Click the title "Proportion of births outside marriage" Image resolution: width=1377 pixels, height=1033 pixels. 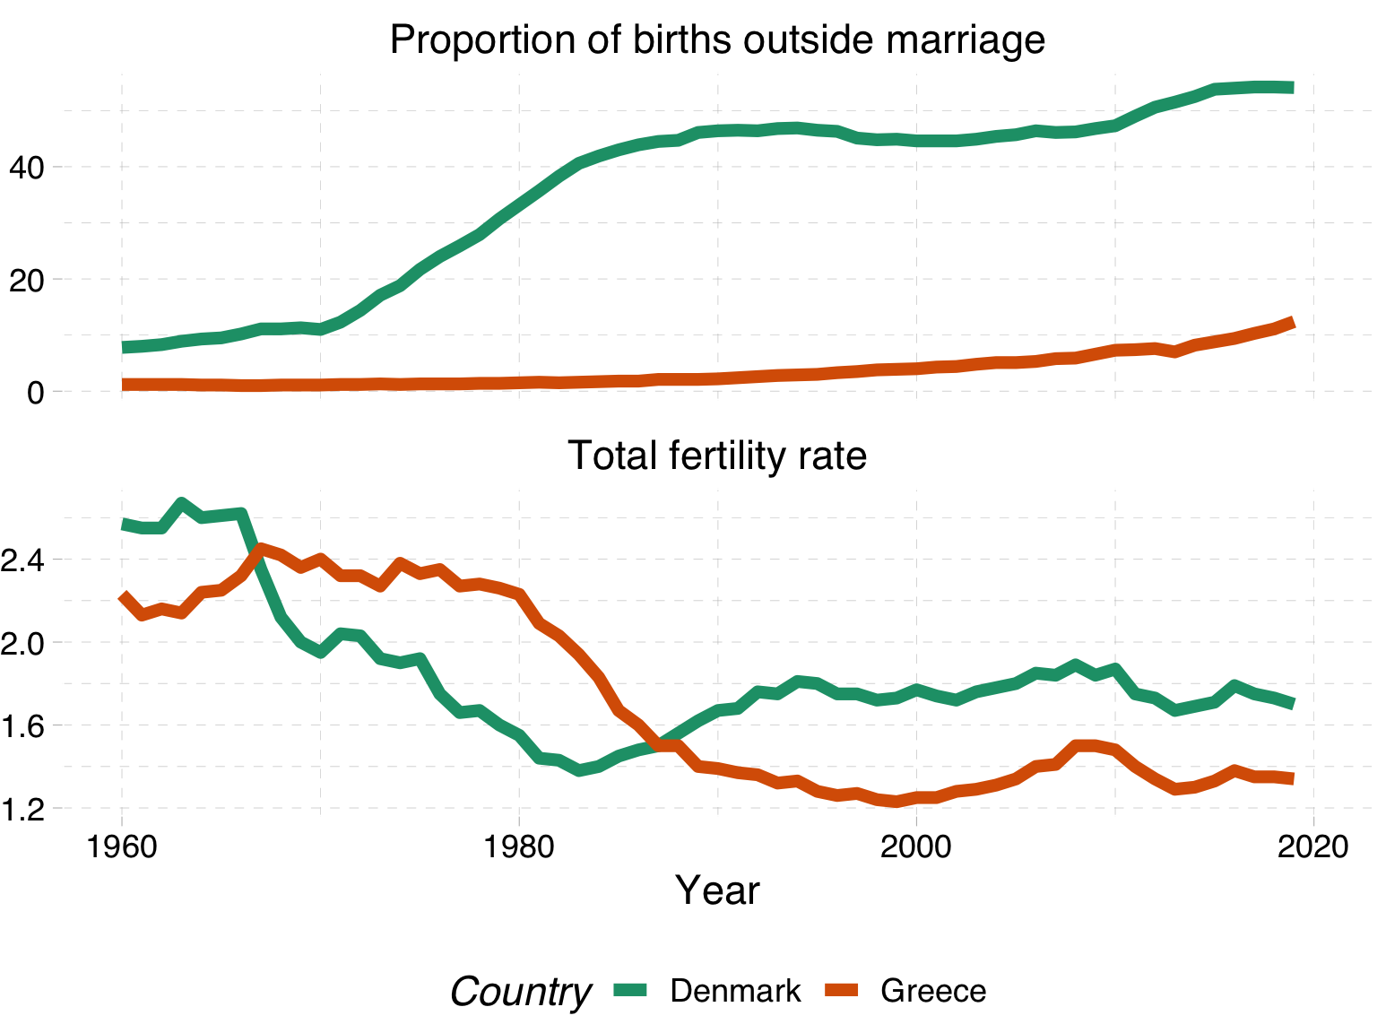click(x=717, y=40)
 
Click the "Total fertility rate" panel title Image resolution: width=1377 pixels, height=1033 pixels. click(x=717, y=456)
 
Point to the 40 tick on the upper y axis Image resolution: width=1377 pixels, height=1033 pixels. click(x=26, y=167)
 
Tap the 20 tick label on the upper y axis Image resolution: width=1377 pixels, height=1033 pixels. click(x=26, y=280)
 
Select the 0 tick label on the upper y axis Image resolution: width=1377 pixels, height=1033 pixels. click(x=36, y=392)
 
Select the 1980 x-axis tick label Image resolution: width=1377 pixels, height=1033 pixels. click(x=519, y=847)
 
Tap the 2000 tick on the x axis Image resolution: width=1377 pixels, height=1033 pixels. click(x=916, y=847)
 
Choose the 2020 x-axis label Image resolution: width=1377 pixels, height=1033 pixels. click(x=1313, y=847)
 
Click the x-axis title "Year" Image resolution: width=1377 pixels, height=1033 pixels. click(x=717, y=890)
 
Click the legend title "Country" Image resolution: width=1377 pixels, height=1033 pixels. click(x=520, y=992)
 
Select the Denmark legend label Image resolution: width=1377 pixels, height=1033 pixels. click(x=735, y=991)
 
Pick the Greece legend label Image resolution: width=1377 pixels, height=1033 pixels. click(x=933, y=991)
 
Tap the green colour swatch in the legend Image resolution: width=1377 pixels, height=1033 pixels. click(x=630, y=991)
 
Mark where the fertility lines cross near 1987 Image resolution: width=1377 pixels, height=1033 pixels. click(x=660, y=745)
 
